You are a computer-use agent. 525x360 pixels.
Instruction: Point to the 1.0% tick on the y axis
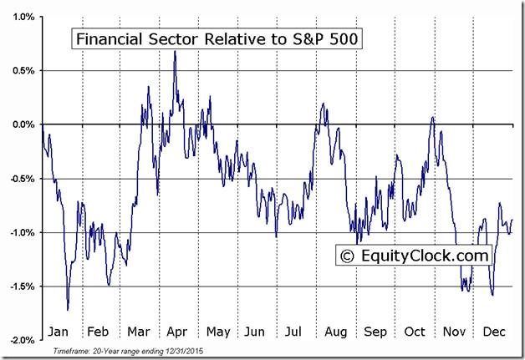point(23,17)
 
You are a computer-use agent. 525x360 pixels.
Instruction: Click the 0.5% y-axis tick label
point(23,70)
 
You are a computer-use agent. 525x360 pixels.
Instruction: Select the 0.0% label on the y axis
point(23,124)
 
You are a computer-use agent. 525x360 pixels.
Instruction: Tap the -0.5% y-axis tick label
point(21,178)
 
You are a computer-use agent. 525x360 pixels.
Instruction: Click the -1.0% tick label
point(21,232)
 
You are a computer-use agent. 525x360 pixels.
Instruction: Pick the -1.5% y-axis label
point(21,286)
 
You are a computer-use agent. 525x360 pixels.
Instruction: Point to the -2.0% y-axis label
point(21,340)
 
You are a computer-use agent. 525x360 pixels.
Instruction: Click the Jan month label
point(59,331)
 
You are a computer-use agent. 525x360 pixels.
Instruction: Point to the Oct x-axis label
point(415,331)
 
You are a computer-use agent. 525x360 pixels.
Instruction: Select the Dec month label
point(493,331)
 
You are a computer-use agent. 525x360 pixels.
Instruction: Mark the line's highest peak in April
point(175,51)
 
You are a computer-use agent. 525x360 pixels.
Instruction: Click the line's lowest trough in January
point(68,310)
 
